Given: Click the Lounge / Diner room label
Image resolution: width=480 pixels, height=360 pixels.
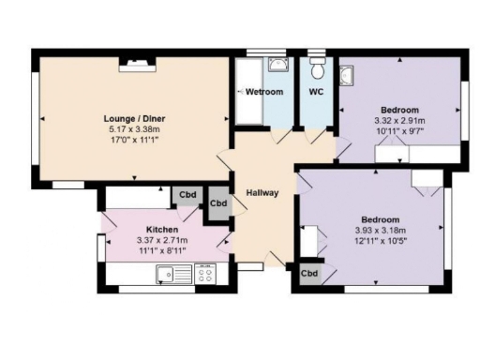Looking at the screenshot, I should click(131, 118).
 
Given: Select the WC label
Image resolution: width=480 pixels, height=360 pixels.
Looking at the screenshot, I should click(316, 92).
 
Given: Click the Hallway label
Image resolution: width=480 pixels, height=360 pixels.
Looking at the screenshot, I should click(262, 193).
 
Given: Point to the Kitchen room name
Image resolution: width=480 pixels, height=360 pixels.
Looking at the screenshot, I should click(162, 229).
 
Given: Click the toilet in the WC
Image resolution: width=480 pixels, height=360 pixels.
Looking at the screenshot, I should click(317, 69).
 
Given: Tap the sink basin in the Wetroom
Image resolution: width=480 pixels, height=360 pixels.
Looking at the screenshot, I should click(277, 65).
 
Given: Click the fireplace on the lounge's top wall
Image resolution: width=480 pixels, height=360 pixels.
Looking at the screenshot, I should click(138, 64).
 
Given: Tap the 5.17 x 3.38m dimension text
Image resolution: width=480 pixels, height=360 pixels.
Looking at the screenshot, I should click(131, 129).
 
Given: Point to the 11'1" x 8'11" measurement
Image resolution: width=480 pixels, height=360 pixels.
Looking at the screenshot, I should click(162, 250).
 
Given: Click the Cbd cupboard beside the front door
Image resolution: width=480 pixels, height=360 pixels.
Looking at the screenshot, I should click(308, 275).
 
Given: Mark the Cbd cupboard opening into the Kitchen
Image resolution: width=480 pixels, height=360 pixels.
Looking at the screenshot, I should click(187, 195).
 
